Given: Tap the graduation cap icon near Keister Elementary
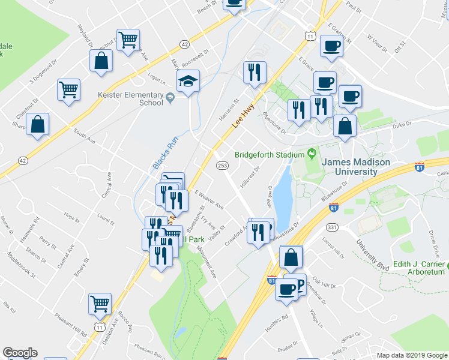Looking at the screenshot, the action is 188,82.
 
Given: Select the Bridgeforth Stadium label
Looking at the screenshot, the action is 270,154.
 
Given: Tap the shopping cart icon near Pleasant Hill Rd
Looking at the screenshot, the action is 100,304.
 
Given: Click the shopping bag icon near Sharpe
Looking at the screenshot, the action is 38,125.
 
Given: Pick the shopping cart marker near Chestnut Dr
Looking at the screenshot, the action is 68,89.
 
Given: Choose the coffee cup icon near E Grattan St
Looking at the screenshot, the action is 331,46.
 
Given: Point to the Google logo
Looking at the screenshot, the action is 20,353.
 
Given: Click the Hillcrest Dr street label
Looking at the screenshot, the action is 250,177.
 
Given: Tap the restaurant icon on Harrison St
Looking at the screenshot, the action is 255,73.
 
